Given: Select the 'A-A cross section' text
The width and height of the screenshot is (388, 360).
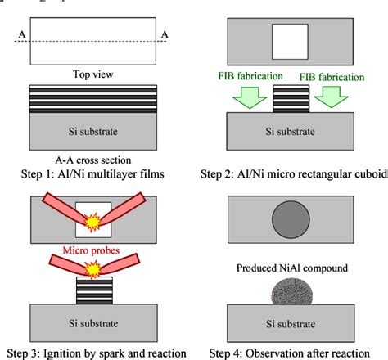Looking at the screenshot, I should click(92, 160).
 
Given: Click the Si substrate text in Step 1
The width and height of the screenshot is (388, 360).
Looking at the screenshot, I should click(92, 132).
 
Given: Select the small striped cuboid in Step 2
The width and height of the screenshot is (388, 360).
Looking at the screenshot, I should click(289, 100).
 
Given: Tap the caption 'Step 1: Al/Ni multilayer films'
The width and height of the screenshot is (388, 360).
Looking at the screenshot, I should click(92, 174).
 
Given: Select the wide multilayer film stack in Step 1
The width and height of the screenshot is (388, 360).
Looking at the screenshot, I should click(92, 99).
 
